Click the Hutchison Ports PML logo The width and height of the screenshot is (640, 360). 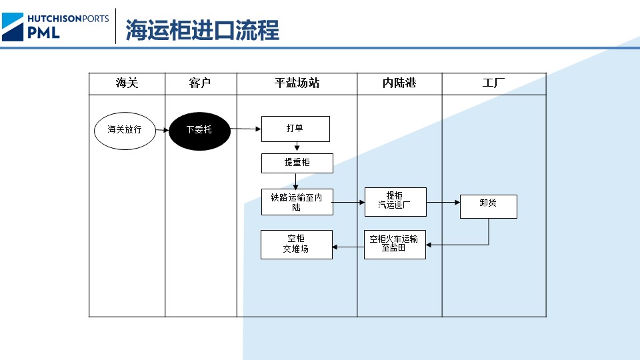tap(55, 26)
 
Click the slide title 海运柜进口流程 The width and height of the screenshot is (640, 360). tap(202, 30)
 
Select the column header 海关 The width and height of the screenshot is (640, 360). tap(127, 83)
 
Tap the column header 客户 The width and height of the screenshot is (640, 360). tap(200, 83)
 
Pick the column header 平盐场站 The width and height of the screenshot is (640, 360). tap(297, 83)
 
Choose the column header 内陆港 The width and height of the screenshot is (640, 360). tap(399, 83)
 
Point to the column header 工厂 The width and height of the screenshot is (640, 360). tap(493, 83)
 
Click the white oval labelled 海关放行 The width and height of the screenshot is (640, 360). tap(125, 129)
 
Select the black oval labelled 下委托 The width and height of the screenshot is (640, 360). tap(199, 129)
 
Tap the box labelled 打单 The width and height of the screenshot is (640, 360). tap(295, 129)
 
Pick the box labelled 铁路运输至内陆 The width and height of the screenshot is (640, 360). tap(297, 202)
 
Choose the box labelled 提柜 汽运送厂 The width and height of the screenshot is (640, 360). tap(395, 201)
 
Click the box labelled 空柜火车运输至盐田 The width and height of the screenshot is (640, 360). tap(394, 245)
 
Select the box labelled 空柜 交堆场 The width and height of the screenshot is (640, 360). tap(296, 245)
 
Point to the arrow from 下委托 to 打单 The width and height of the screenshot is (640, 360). tap(245, 129)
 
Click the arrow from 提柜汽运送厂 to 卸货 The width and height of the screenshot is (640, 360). tap(443, 201)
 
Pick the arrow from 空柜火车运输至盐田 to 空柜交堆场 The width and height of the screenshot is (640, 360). tap(348, 247)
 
